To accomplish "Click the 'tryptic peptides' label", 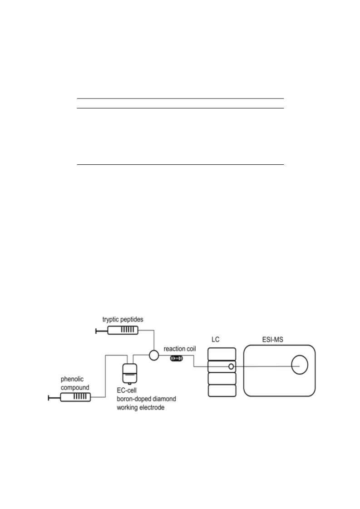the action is coord(123,319).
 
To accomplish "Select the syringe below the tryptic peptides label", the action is coord(117,331).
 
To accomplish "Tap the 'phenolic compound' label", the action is coord(75,383).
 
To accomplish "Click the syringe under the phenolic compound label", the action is coord(69,397).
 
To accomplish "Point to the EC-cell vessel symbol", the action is coord(129,374).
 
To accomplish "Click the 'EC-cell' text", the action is coord(127,390).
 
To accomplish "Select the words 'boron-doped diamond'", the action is coord(146,399).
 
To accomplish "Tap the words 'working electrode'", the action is coord(141,407).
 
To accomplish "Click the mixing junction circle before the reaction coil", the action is coord(154,355).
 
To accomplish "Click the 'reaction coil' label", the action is coord(180,349).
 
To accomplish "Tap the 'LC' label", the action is coord(216,340).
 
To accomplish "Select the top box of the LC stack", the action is coord(222,354).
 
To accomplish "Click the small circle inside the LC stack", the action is coord(231,366).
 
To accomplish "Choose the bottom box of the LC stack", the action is coord(222,390).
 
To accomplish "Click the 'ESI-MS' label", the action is coord(273,340).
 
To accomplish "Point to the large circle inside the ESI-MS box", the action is coord(300,365).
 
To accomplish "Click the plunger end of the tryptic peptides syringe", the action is coord(96,331).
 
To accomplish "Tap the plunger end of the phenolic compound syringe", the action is coord(49,397).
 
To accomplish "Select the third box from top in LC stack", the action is coord(222,379).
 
